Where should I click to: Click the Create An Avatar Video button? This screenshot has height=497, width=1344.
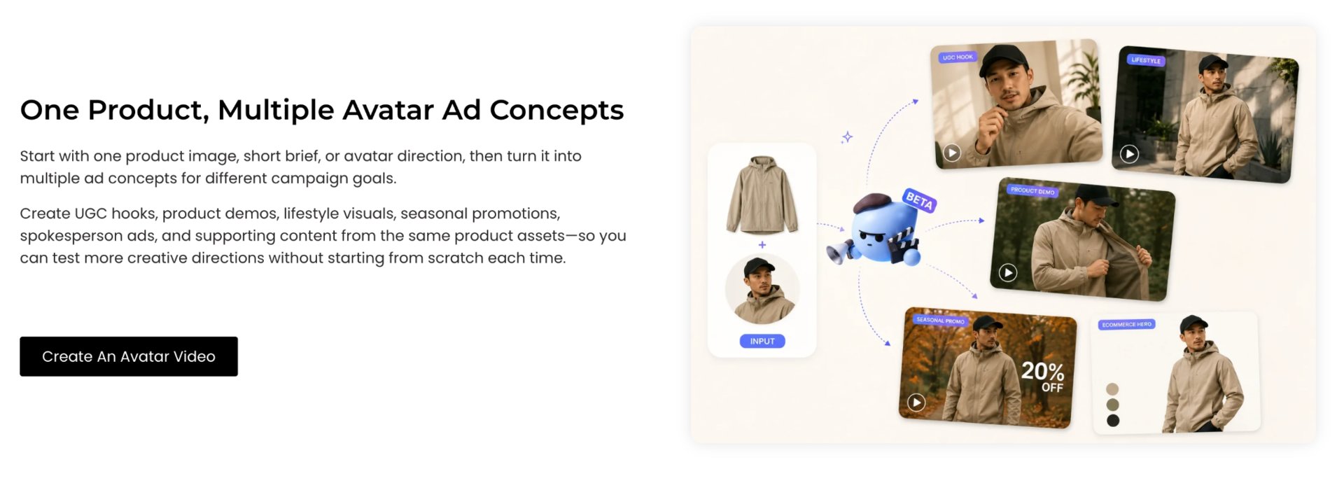pos(129,356)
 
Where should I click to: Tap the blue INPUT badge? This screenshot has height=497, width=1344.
pos(762,341)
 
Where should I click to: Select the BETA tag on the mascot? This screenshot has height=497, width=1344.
pos(919,200)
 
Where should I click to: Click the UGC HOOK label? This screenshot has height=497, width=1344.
pos(958,57)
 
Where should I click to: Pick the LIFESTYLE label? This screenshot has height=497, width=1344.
pos(1146,60)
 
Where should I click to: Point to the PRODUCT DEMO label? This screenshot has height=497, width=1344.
pos(1032,190)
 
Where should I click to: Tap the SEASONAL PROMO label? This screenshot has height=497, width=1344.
pos(940,321)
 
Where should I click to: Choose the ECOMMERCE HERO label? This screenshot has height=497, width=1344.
pos(1126,324)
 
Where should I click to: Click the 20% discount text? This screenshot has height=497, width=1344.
pos(1042,371)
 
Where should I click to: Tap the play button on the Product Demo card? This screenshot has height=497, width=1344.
pos(1007,272)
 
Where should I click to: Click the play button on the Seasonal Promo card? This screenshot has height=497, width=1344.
pos(916,402)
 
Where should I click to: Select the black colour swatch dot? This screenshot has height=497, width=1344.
pos(1113,421)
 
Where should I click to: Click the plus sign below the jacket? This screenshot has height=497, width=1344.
pos(762,245)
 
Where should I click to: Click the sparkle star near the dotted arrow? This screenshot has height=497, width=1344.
pos(847,136)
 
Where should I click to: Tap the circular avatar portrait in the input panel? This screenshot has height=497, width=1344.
pos(762,289)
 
